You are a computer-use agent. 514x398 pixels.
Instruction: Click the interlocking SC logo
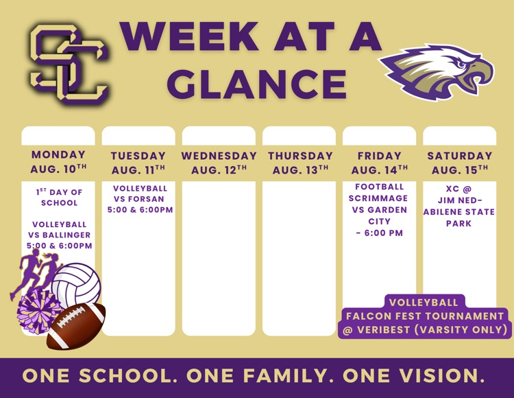pyautogui.click(x=69, y=64)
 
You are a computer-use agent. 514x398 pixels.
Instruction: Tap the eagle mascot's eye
pyautogui.click(x=461, y=63)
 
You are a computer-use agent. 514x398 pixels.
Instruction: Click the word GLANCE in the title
pyautogui.click(x=257, y=84)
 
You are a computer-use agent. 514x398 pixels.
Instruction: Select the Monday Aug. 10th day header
pyautogui.click(x=58, y=161)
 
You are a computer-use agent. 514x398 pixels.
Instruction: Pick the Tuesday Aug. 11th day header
pyautogui.click(x=138, y=163)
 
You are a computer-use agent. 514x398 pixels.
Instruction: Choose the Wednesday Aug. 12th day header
pyautogui.click(x=219, y=163)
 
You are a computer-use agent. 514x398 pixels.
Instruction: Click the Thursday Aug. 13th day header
pyautogui.click(x=300, y=163)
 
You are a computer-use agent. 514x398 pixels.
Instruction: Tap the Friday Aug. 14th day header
pyautogui.click(x=379, y=163)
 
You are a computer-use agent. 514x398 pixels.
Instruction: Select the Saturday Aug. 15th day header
pyautogui.click(x=460, y=163)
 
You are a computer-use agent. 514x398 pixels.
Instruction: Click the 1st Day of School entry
pyautogui.click(x=59, y=197)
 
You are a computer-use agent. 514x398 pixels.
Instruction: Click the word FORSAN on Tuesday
pyautogui.click(x=147, y=199)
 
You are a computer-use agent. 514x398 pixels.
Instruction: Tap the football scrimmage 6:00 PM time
pyautogui.click(x=383, y=233)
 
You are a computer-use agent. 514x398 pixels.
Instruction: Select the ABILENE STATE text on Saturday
pyautogui.click(x=459, y=212)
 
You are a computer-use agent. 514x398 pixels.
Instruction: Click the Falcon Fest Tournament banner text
pyautogui.click(x=425, y=316)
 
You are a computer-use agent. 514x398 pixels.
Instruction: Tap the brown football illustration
pyautogui.click(x=76, y=326)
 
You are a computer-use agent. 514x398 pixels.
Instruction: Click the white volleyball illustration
pyautogui.click(x=76, y=284)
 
